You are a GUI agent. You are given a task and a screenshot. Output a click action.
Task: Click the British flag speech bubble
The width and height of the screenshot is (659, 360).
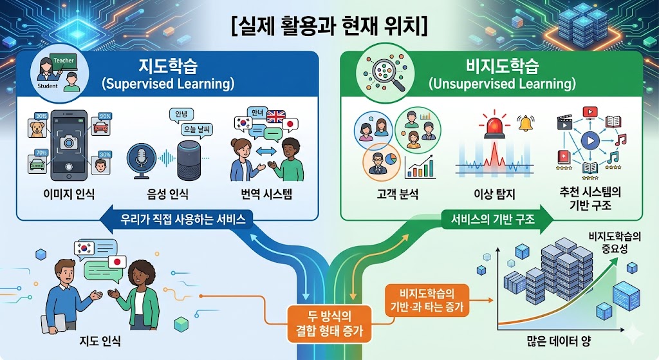pos(275,118)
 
